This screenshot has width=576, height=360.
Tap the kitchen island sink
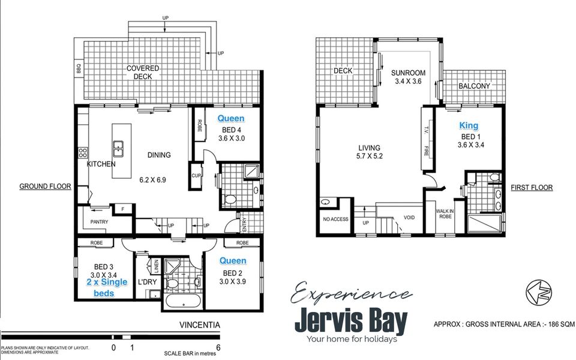[x=118, y=146]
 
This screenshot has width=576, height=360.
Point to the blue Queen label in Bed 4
[x=231, y=118]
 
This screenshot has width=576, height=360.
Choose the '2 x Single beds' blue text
[x=107, y=287]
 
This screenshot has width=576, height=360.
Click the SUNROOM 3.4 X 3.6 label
[x=407, y=77]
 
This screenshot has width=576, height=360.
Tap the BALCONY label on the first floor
[x=474, y=86]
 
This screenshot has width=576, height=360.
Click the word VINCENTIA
[x=200, y=325]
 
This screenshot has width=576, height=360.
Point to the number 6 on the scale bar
[x=218, y=347]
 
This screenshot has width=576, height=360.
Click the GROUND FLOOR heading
[x=45, y=187]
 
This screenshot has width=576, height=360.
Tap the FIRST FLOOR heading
[x=532, y=188]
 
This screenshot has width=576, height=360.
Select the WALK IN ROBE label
[x=445, y=213]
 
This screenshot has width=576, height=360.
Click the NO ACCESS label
[x=335, y=219]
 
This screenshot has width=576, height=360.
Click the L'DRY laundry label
[x=147, y=281]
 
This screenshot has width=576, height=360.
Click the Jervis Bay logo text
[x=350, y=322]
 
